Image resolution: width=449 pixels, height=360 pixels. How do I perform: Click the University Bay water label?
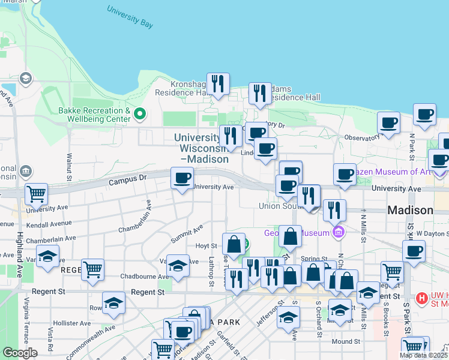click(130, 17)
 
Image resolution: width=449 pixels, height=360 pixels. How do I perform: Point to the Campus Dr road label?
click(127, 179)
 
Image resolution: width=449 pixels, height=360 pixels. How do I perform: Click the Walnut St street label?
click(69, 168)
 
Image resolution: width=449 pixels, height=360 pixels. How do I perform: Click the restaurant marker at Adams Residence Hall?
click(259, 93)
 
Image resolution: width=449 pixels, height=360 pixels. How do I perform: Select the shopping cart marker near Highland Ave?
click(36, 194)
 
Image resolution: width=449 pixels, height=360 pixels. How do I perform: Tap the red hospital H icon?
click(421, 298)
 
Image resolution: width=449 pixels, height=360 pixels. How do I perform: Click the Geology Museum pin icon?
click(339, 232)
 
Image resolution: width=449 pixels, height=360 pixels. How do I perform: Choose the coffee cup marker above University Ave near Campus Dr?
click(182, 178)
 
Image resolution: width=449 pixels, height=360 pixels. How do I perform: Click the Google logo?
click(20, 353)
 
